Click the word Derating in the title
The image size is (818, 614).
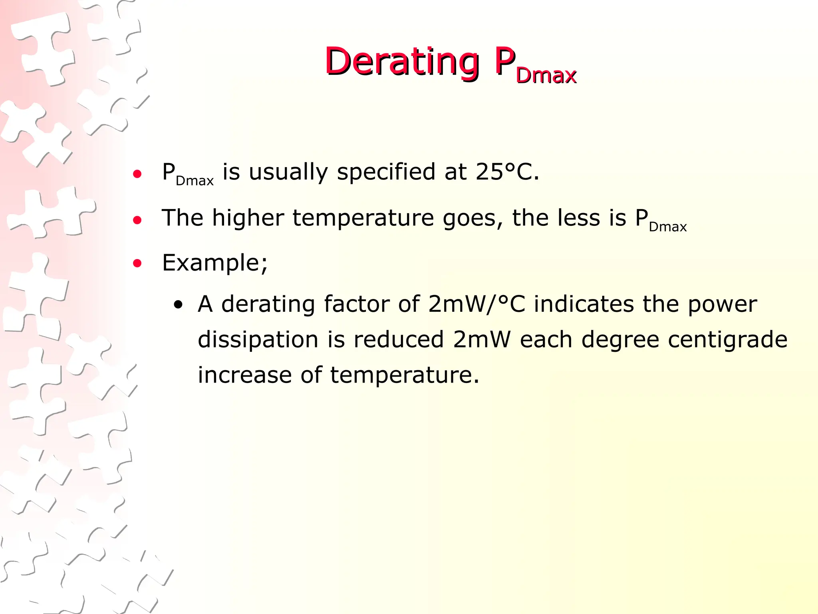click(401, 62)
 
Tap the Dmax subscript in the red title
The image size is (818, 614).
click(546, 76)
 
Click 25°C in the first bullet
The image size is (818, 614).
click(507, 172)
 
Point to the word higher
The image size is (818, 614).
click(248, 218)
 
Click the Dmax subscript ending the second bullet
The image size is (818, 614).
click(667, 227)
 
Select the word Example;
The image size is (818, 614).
click(215, 263)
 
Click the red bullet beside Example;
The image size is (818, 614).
click(137, 263)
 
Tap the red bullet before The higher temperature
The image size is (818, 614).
click(137, 219)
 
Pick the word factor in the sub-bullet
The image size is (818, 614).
click(357, 304)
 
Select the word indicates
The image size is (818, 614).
click(584, 304)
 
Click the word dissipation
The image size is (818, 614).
click(258, 340)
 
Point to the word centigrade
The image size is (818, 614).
click(727, 340)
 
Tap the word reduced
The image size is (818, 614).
click(398, 340)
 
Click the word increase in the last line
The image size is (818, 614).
click(244, 375)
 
